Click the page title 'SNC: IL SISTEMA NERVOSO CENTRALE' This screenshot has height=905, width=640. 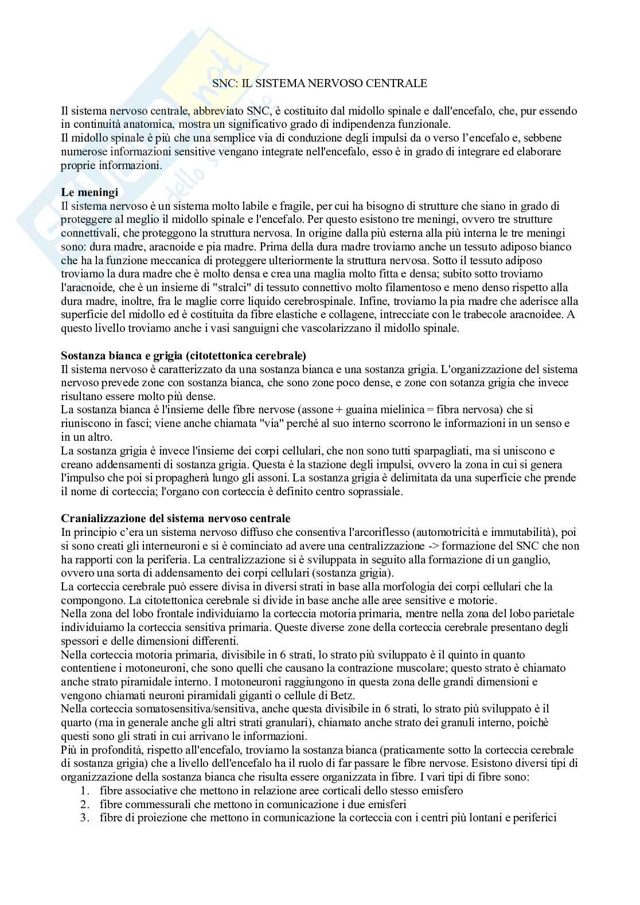(319, 83)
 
